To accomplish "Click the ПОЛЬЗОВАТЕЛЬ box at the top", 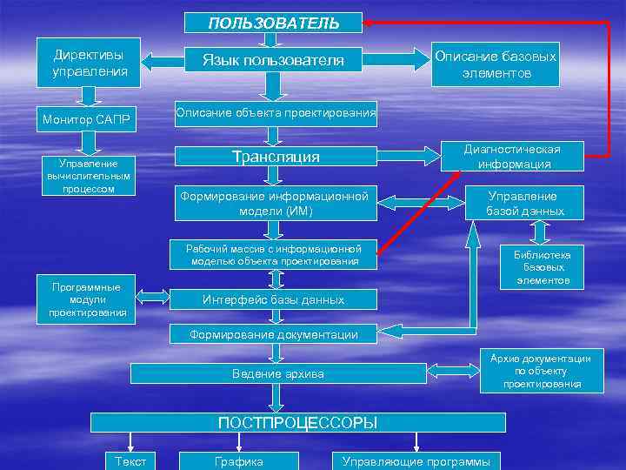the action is (x=274, y=23).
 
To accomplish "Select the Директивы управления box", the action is (x=88, y=61).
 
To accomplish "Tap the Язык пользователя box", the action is (x=273, y=60).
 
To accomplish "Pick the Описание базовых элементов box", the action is (x=496, y=64).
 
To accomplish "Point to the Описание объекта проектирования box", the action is (x=276, y=111).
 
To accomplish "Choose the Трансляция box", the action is (x=276, y=157).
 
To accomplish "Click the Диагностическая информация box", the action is (x=513, y=157).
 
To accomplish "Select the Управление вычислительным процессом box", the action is (x=88, y=176).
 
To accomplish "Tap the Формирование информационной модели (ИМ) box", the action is (x=275, y=204).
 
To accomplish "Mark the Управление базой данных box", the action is (x=524, y=204).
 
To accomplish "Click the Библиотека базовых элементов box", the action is (x=542, y=267).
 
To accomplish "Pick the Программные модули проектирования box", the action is (x=87, y=299).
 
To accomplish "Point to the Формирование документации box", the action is (x=275, y=333).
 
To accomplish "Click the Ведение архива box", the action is (x=278, y=373).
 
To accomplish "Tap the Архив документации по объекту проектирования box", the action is (x=540, y=371).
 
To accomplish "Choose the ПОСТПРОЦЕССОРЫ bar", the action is (x=298, y=423).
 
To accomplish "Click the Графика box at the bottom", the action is (x=238, y=461).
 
